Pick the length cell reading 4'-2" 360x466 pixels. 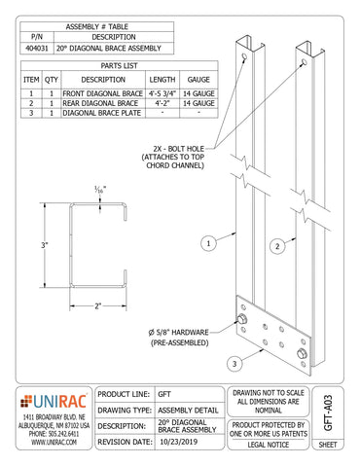coord(163,102)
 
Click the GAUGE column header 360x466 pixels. coord(198,79)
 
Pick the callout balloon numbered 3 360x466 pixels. coord(235,364)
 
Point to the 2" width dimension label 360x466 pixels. coord(97,305)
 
